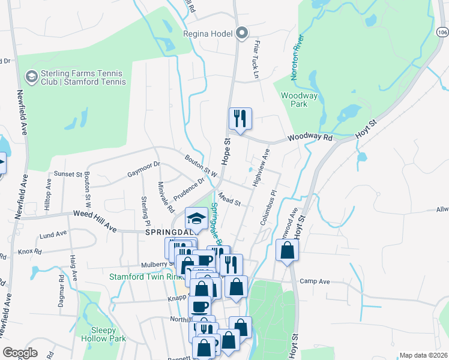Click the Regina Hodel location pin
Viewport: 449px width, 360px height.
tap(242, 34)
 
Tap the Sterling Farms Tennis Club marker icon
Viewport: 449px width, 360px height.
tap(31, 77)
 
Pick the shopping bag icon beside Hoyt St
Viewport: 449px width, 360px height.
tap(288, 250)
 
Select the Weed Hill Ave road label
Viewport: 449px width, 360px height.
tap(95, 213)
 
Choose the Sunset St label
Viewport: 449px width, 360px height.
tap(68, 174)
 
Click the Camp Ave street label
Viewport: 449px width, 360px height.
tap(315, 281)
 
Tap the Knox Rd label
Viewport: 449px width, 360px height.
tap(29, 251)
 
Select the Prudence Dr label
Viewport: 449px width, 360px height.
tap(190, 189)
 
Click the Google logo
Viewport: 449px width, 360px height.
tap(20, 353)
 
